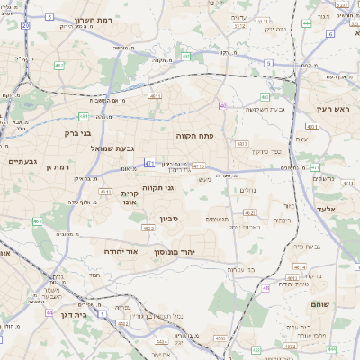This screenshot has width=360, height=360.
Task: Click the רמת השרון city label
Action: tap(93, 19)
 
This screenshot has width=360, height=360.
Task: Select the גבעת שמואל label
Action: tap(112, 148)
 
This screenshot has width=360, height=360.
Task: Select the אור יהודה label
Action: tap(121, 252)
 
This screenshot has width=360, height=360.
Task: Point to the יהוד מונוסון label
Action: tap(193, 252)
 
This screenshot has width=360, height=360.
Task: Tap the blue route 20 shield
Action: tap(25, 26)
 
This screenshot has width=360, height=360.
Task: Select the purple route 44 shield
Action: tap(49, 313)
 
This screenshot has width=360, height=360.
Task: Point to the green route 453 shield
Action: tap(37, 220)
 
